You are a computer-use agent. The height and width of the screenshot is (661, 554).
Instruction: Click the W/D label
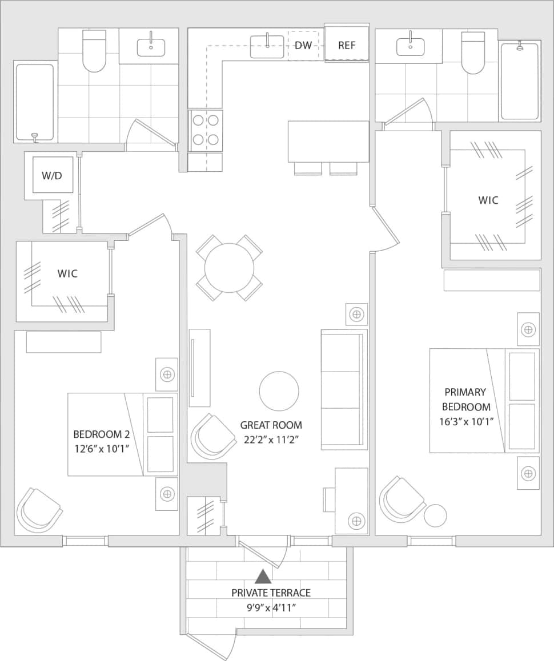coord(51,175)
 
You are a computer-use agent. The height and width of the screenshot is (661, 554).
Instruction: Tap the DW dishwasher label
coord(303,45)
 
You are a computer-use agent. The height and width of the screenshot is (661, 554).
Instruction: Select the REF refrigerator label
coord(347,45)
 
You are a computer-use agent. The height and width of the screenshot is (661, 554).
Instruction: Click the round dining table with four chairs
coord(229,268)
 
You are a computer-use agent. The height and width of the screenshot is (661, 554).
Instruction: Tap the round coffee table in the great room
coord(279,391)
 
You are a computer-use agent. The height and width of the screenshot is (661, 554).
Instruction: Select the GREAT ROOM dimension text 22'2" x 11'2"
coord(271,440)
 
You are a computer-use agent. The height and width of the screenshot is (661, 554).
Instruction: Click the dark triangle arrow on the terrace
coord(263,577)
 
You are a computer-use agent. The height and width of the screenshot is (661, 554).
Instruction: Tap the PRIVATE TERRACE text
coord(271,593)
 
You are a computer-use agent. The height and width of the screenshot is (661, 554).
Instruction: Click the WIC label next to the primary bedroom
coord(488,200)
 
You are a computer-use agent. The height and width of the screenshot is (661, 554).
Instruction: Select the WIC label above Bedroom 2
coord(67,273)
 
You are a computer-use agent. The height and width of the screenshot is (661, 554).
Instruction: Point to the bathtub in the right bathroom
coord(520,81)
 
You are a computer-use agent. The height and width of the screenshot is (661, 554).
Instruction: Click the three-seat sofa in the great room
coord(343,390)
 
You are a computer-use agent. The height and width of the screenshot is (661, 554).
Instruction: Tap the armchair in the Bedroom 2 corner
coord(39,509)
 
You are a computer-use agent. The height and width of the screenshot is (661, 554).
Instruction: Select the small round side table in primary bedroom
coord(435,515)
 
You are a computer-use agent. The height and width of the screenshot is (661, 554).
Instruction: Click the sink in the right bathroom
coord(410,46)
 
